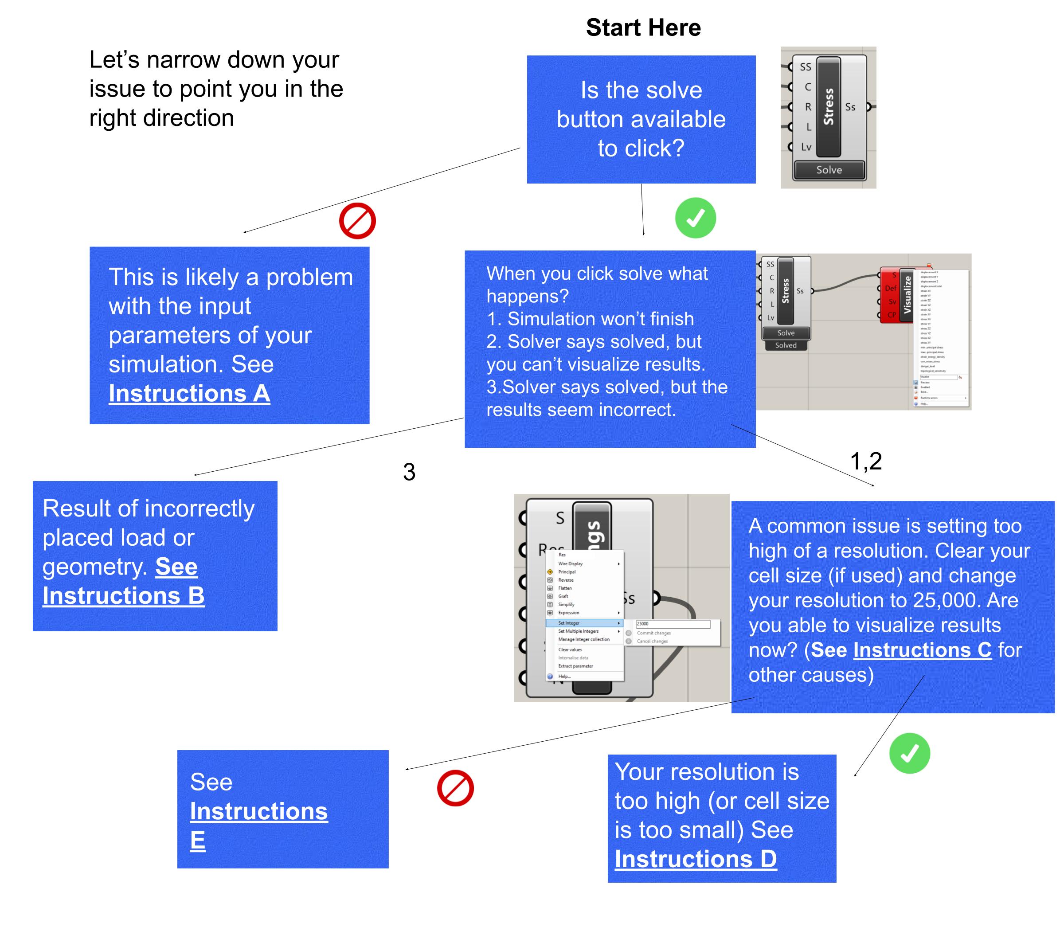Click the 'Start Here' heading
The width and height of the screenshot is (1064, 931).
click(x=643, y=27)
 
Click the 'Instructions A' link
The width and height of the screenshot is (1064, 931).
click(x=189, y=393)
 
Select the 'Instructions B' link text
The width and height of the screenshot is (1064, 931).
click(x=123, y=595)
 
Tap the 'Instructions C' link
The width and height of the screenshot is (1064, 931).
click(x=922, y=650)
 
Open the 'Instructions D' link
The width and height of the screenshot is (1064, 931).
click(x=696, y=859)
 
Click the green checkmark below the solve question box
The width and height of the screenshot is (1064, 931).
click(x=695, y=218)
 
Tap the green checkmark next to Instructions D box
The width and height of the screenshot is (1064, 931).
click(x=909, y=753)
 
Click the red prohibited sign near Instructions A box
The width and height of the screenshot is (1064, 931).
click(x=357, y=221)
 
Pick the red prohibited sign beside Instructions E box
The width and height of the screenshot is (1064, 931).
click(x=455, y=788)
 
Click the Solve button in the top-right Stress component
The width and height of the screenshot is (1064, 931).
click(x=829, y=170)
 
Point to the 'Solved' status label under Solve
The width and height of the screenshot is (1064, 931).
click(x=786, y=345)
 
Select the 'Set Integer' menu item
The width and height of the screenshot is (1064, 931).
click(x=569, y=623)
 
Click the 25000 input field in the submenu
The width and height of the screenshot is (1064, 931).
click(x=673, y=624)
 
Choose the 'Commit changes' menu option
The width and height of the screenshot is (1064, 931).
click(x=653, y=634)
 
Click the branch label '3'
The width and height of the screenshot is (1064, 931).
click(x=409, y=472)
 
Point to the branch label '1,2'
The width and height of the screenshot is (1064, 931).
click(x=865, y=461)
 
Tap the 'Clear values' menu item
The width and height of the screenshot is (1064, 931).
click(x=570, y=650)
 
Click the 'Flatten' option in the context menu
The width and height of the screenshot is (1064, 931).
click(x=565, y=588)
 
